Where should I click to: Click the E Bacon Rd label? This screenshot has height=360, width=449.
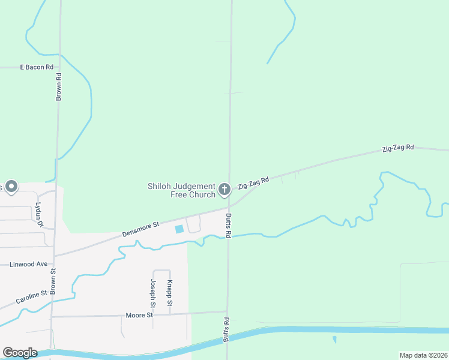[37, 67]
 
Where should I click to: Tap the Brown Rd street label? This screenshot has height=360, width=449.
[59, 86]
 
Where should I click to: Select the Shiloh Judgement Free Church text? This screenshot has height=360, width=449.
[181, 190]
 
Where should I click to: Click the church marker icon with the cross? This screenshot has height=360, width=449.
[224, 190]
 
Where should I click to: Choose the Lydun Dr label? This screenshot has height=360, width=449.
[40, 214]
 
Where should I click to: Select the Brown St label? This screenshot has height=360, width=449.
[53, 280]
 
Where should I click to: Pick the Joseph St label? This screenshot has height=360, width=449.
[154, 290]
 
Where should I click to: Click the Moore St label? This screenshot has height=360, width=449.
[140, 315]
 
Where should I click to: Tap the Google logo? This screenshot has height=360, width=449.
[20, 352]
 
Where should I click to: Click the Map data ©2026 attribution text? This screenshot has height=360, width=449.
[423, 355]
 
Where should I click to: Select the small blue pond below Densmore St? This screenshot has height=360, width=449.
[179, 229]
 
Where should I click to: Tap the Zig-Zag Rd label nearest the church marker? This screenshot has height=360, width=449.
[253, 183]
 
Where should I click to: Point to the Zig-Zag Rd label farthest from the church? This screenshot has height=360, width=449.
[398, 147]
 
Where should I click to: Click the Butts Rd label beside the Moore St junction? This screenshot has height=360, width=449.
[227, 329]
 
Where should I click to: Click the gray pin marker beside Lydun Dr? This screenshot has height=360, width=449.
[11, 186]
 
